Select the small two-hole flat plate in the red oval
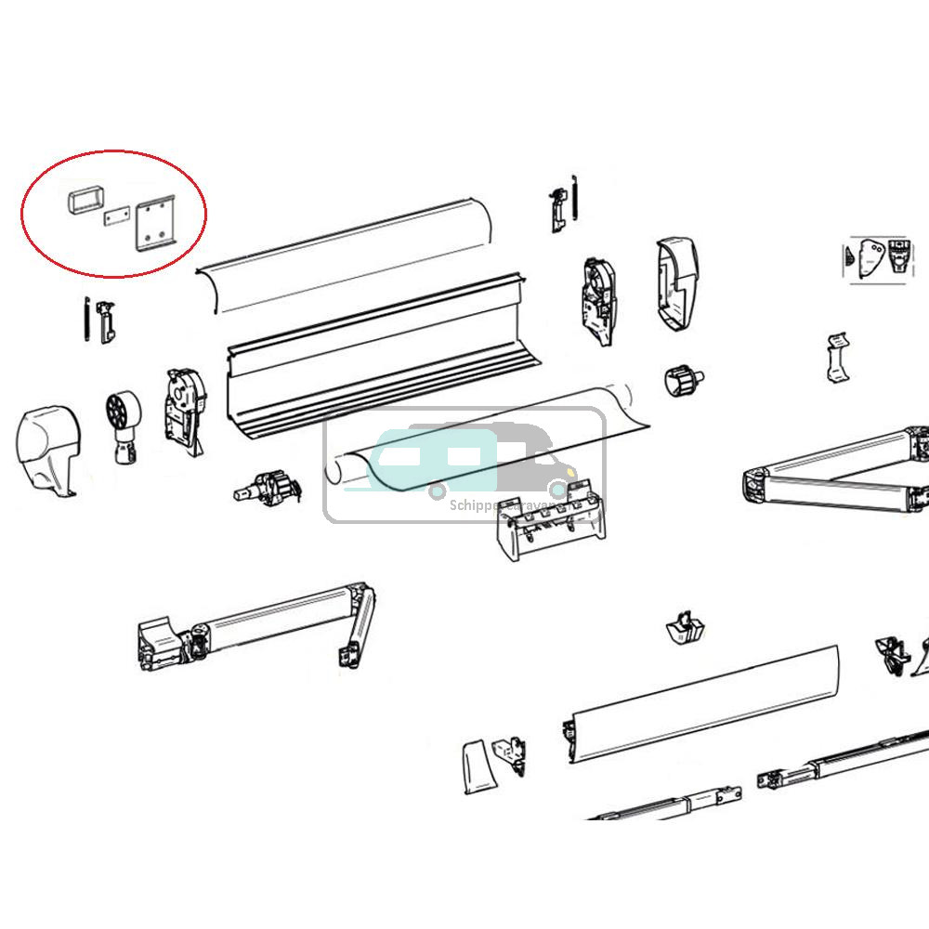(x=115, y=216)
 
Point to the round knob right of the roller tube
(x=683, y=380)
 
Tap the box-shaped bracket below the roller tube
(x=548, y=530)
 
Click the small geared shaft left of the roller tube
(x=269, y=486)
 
